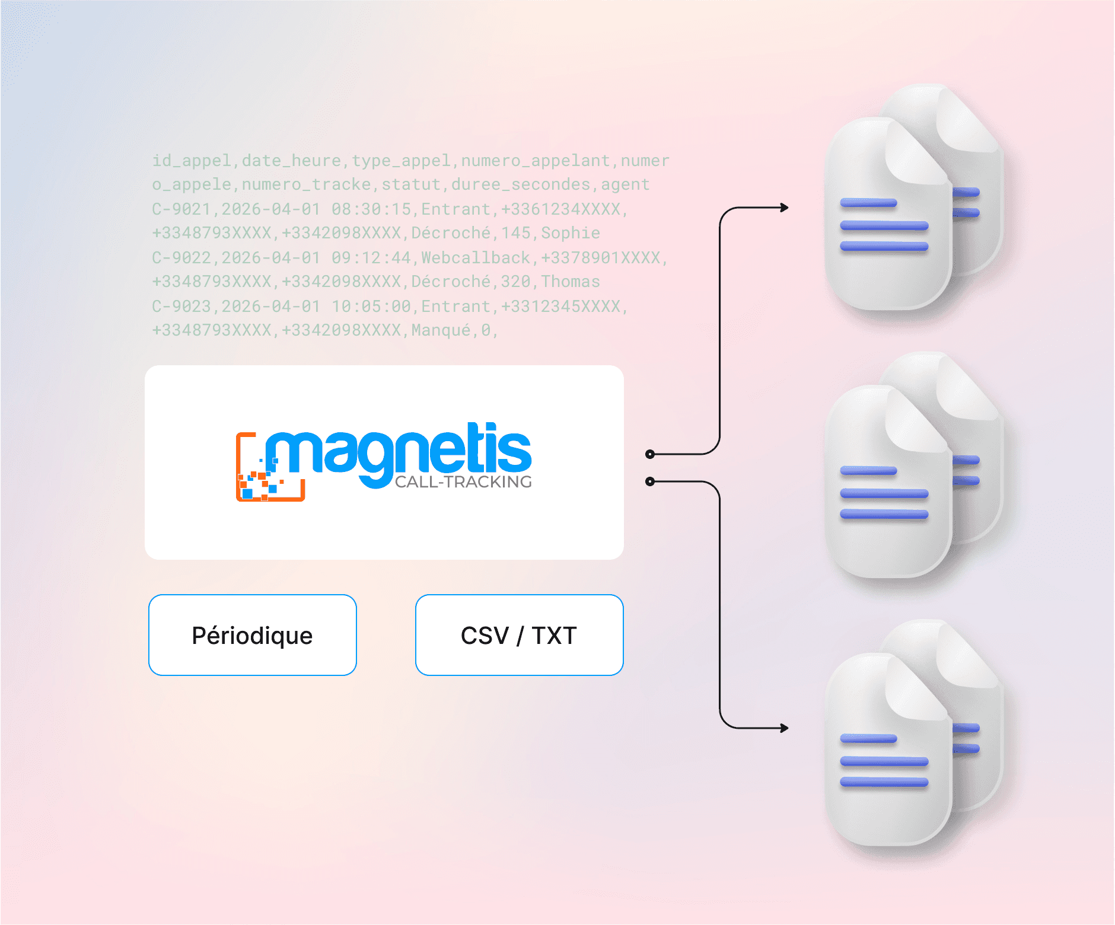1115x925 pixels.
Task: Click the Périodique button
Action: [x=252, y=635]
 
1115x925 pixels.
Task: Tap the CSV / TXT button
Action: [x=519, y=635]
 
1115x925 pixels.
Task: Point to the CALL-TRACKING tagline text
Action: [x=463, y=482]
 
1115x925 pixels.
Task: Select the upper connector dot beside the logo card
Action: [x=650, y=454]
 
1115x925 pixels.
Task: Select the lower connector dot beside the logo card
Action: [x=650, y=481]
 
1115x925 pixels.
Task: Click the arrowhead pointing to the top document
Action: [x=784, y=208]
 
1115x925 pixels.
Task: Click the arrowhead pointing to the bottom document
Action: [x=784, y=728]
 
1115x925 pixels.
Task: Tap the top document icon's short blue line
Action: [x=868, y=203]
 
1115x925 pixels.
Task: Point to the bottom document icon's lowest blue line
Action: [x=884, y=783]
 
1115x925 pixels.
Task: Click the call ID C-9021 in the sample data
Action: [x=181, y=209]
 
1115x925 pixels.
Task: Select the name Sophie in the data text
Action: [x=570, y=233]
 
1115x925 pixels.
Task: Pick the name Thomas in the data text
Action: [x=570, y=282]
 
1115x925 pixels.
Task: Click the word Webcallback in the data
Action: [x=475, y=258]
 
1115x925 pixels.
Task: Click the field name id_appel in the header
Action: [x=191, y=161]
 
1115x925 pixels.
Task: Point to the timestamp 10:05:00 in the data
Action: [x=371, y=307]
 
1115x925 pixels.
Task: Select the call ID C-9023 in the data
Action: [x=181, y=307]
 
